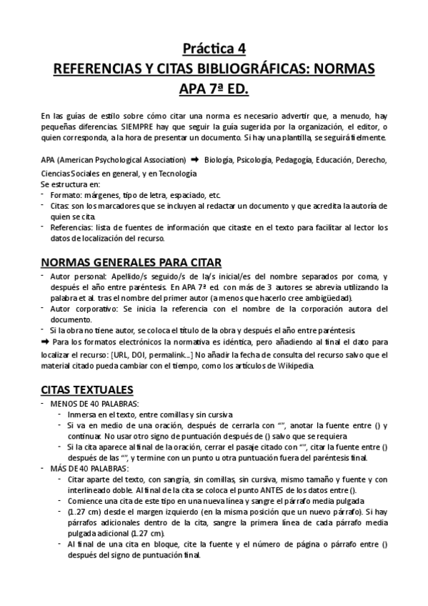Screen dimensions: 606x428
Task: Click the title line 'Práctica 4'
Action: (x=214, y=49)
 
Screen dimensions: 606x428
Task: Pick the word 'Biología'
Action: (x=219, y=160)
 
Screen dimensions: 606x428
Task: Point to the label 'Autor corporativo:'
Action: (x=82, y=309)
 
